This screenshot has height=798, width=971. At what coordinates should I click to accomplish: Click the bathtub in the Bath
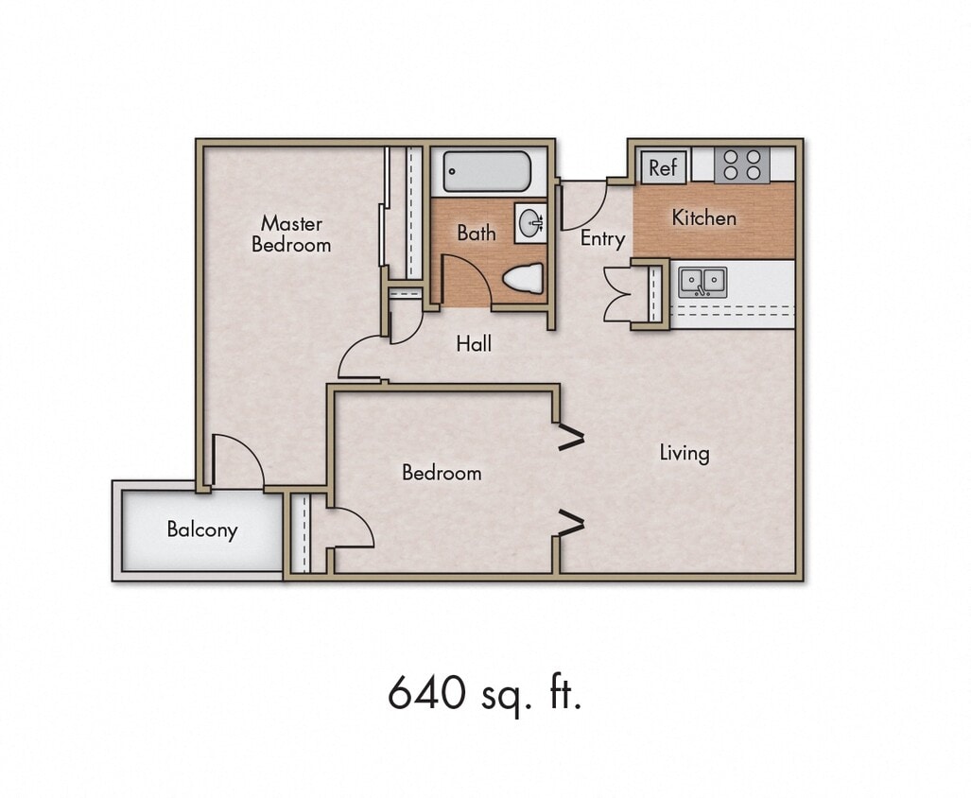click(x=488, y=172)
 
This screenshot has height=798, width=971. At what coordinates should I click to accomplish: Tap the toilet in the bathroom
click(x=523, y=278)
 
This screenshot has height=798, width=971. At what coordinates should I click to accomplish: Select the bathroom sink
click(x=529, y=223)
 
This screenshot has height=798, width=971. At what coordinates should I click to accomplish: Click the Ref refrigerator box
click(x=663, y=167)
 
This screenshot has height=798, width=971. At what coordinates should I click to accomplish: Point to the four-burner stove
click(x=740, y=165)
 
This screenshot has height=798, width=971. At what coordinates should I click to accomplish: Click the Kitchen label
click(x=703, y=217)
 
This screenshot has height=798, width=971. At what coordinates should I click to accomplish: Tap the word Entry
click(x=602, y=238)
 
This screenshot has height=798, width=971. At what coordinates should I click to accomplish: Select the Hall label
click(x=474, y=344)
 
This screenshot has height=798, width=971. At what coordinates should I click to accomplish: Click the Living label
click(x=684, y=453)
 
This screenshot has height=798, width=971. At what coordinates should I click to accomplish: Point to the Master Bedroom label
click(x=291, y=234)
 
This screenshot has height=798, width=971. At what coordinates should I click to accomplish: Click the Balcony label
click(x=201, y=529)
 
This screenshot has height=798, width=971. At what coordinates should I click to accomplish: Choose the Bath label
click(x=476, y=233)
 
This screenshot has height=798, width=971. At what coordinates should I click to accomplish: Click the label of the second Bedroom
click(x=442, y=473)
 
